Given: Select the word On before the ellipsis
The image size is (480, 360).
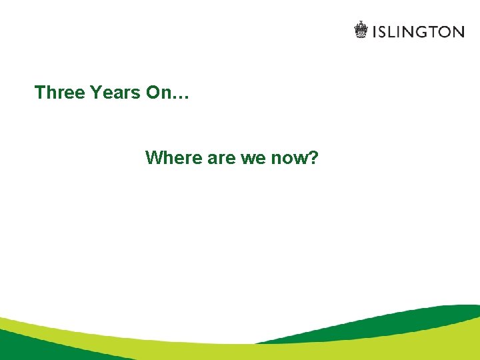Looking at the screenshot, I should [159, 92].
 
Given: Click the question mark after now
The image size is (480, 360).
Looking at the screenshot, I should [313, 158].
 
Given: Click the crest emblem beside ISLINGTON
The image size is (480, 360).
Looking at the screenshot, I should [361, 30].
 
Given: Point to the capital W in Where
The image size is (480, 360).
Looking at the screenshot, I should [154, 158].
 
